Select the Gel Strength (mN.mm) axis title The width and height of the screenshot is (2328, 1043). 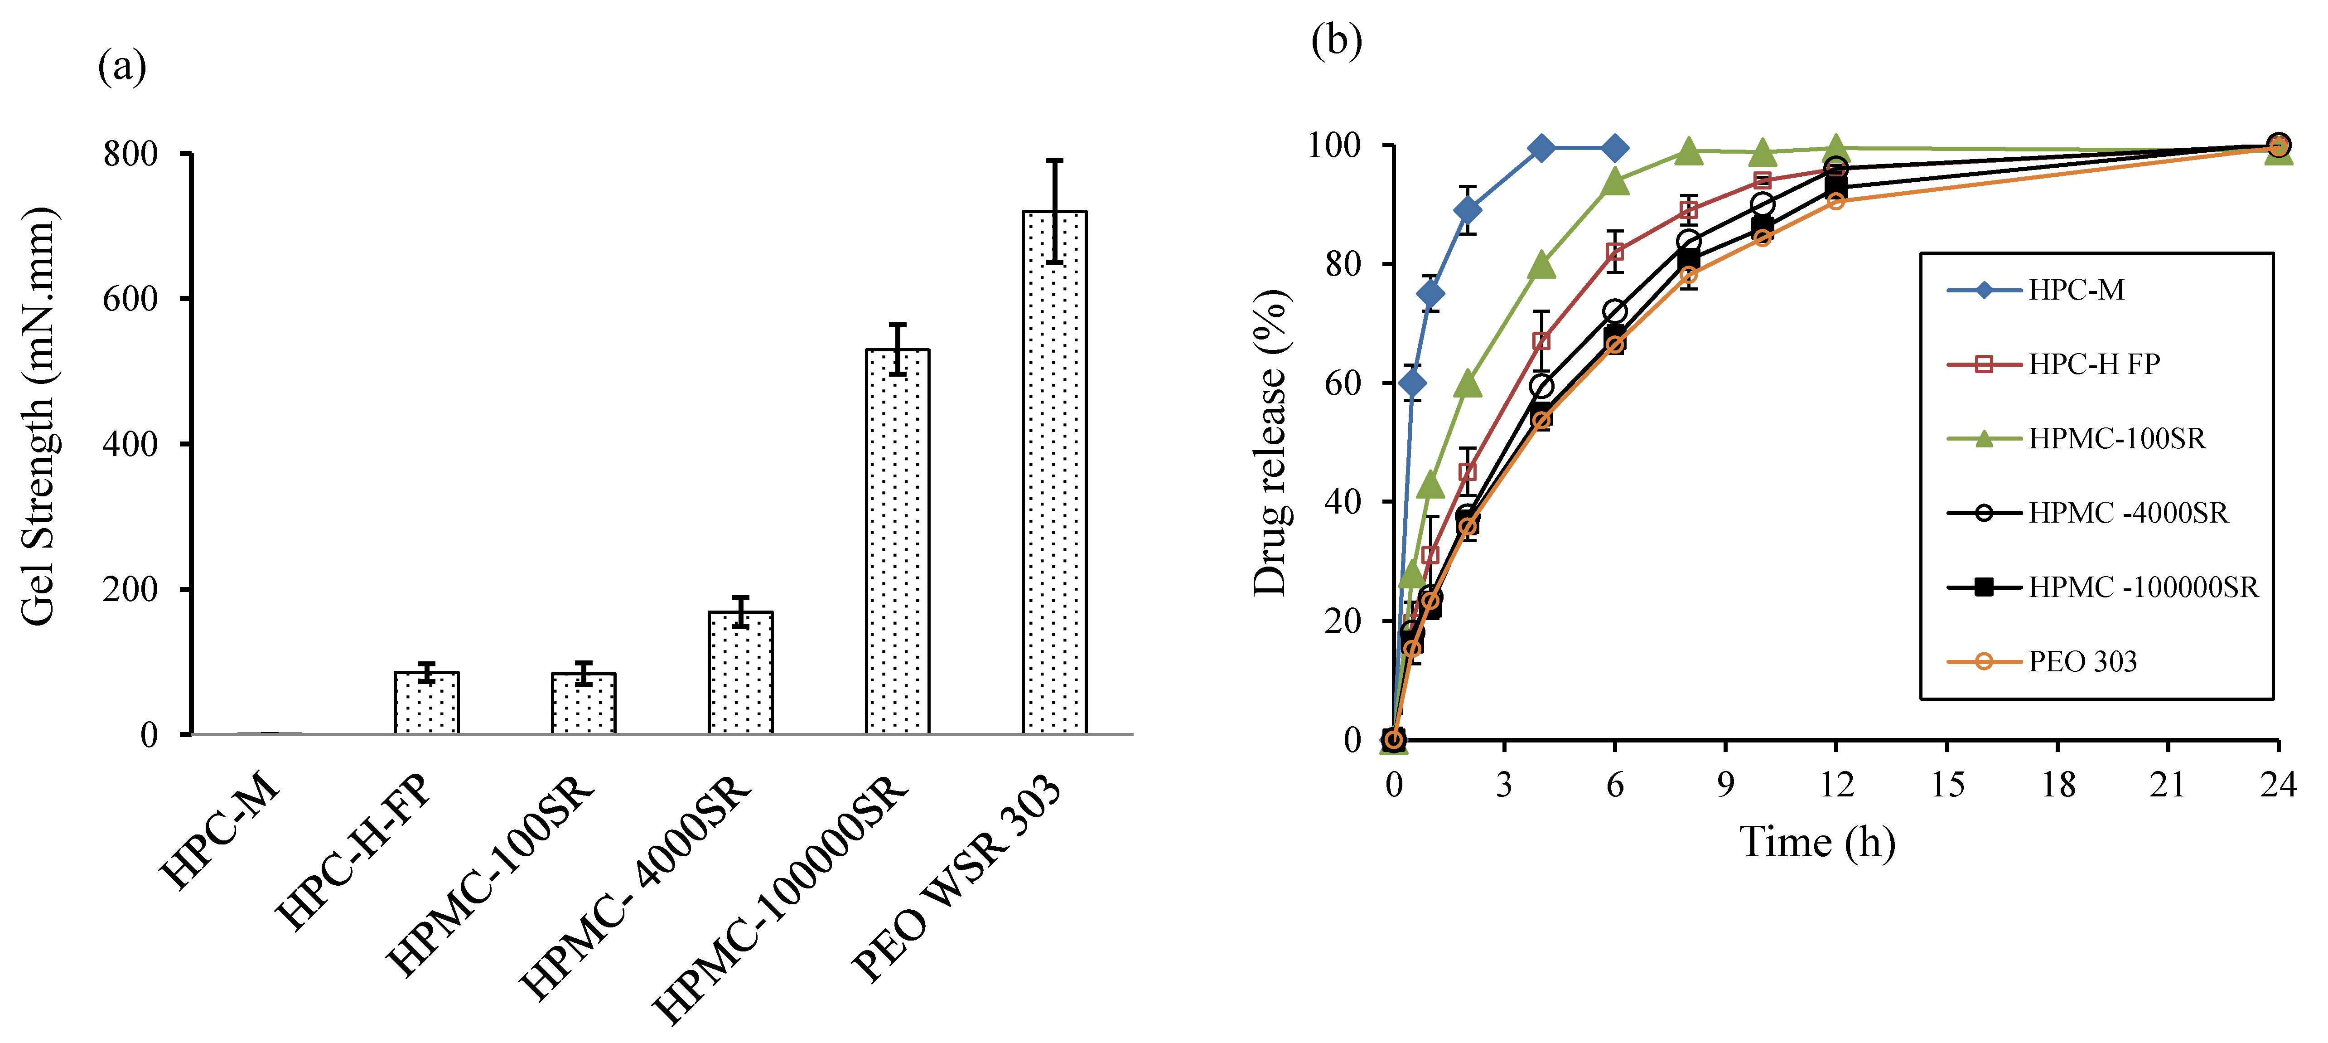point(38,416)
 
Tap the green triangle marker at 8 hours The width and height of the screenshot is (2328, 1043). point(1688,152)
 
